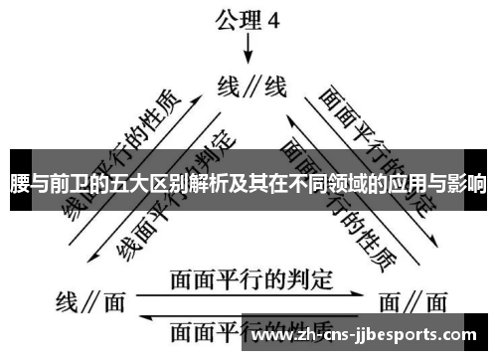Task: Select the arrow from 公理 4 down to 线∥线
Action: (x=248, y=50)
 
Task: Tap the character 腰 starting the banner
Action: (x=17, y=183)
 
